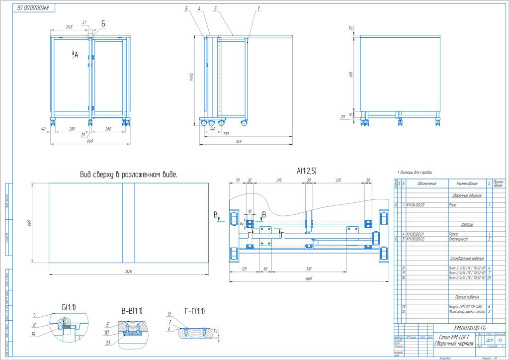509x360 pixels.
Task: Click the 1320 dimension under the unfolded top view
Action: pos(129,271)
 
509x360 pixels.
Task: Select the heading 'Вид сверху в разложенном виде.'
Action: pos(129,175)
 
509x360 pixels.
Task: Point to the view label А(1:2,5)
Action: pos(307,171)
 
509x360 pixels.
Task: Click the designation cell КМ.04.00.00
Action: pos(416,205)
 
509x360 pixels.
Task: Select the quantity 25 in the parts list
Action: pos(490,277)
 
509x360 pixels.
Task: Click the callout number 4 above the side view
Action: pos(199,9)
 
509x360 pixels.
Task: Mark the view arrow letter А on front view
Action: pos(76,56)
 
